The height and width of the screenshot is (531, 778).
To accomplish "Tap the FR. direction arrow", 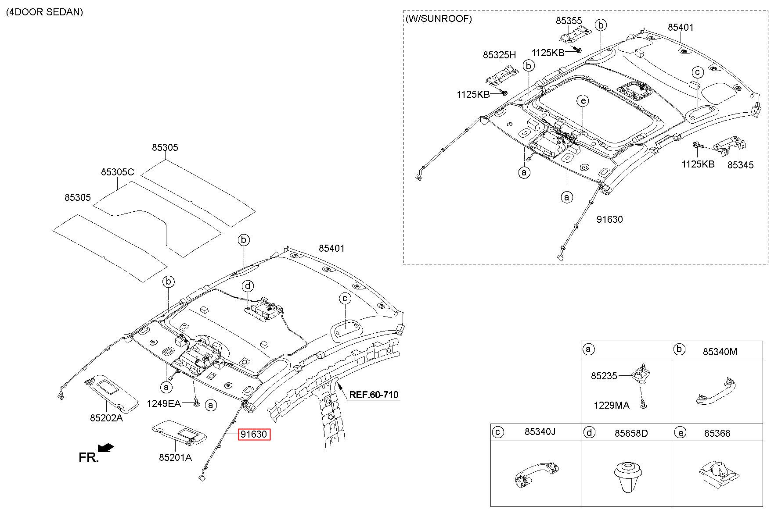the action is pyautogui.click(x=106, y=447).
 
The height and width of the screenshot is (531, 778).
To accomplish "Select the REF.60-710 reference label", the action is pyautogui.click(x=374, y=395).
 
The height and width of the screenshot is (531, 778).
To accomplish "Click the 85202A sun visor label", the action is pyautogui.click(x=106, y=418).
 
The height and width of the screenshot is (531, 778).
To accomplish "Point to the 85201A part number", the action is pyautogui.click(x=175, y=457).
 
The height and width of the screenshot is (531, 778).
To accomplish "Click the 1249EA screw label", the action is pyautogui.click(x=163, y=403).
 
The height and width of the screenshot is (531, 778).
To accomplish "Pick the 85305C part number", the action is pyautogui.click(x=117, y=172).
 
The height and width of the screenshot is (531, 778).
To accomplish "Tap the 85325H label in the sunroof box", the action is pyautogui.click(x=499, y=55).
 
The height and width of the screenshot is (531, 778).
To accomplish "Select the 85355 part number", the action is pyautogui.click(x=569, y=21).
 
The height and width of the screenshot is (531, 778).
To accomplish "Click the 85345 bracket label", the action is pyautogui.click(x=740, y=165).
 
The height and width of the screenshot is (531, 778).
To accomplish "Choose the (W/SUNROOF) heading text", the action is pyautogui.click(x=439, y=18).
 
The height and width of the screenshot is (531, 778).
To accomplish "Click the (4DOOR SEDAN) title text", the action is pyautogui.click(x=44, y=12).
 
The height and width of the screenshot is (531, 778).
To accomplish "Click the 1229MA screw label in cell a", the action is pyautogui.click(x=611, y=406).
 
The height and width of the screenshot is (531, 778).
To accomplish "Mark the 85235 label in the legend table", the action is pyautogui.click(x=604, y=376).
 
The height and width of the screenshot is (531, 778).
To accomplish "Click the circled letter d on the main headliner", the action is pyautogui.click(x=248, y=286).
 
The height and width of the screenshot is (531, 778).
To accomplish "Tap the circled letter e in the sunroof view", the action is pyautogui.click(x=583, y=101).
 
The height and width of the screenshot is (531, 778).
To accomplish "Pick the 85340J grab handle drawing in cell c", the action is pyautogui.click(x=536, y=476).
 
